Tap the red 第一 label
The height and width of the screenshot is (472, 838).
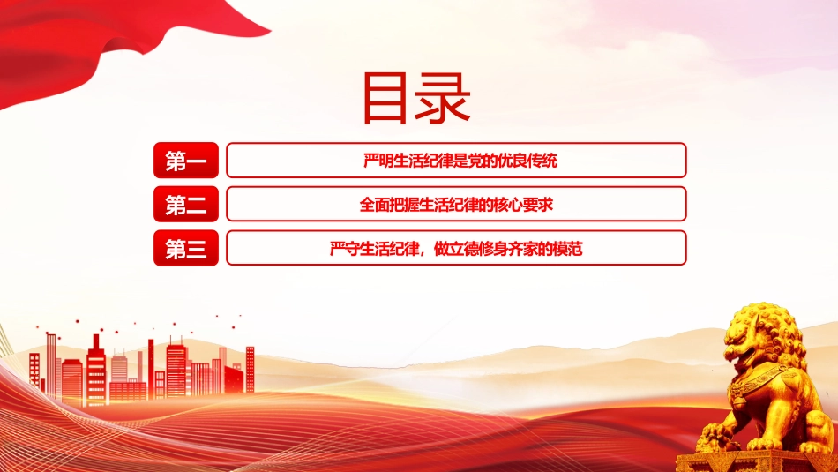pos(186,161)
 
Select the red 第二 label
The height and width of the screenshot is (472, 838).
pos(186,204)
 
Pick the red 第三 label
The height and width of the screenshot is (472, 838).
pos(186,248)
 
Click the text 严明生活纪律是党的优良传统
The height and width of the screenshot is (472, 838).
pos(460,161)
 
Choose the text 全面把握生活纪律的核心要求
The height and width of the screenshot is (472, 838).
pos(456,205)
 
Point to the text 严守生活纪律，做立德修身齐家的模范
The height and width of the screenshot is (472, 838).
pos(456,249)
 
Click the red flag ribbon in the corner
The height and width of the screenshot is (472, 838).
pos(107,42)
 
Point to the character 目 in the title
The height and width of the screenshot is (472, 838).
pos(385,99)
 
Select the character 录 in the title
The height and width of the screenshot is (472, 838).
pos(443,98)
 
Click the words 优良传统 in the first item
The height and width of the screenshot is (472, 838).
pos(527,161)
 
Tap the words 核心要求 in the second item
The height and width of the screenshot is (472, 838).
pos(523,205)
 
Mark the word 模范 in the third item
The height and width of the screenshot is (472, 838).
pos(567,249)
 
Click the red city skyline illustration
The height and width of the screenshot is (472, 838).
pos(143,369)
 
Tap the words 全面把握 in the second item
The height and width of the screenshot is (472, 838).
pos(388,205)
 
